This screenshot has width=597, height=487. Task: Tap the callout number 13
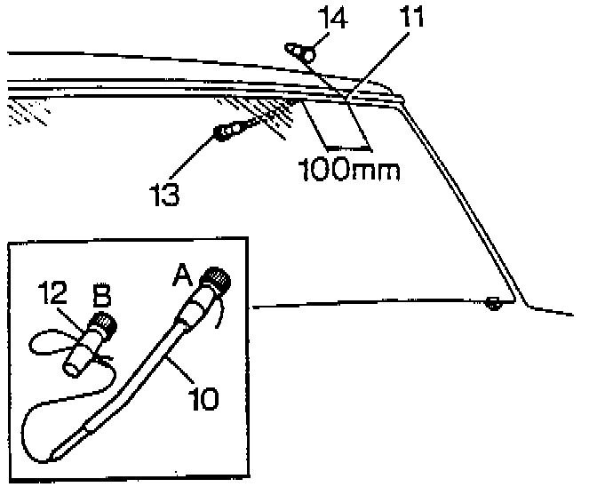tap(165, 191)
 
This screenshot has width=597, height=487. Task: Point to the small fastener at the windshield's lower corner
tap(494, 305)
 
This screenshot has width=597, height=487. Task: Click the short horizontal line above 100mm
tap(345, 147)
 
